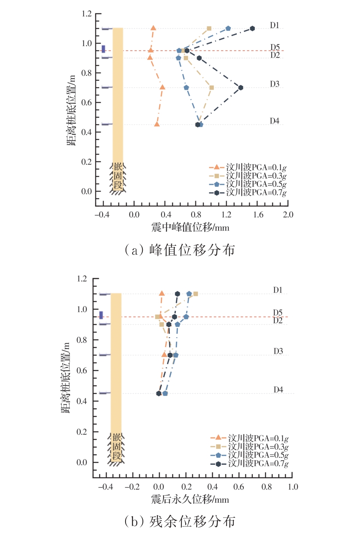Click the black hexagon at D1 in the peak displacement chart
(252, 28)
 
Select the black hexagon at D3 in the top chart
(241, 88)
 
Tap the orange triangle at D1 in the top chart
(153, 28)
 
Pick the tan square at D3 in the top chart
(211, 88)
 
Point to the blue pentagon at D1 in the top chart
(228, 28)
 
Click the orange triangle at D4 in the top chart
(157, 124)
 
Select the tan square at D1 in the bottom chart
(195, 294)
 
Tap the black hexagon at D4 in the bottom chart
(159, 393)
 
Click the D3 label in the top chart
(275, 84)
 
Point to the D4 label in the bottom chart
(278, 390)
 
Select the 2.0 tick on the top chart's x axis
(288, 214)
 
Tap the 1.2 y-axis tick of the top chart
(87, 14)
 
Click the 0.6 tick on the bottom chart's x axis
(239, 487)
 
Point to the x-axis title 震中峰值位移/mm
(190, 227)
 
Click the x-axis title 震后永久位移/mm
(190, 500)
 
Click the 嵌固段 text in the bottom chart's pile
(117, 447)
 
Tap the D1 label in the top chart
(275, 25)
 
